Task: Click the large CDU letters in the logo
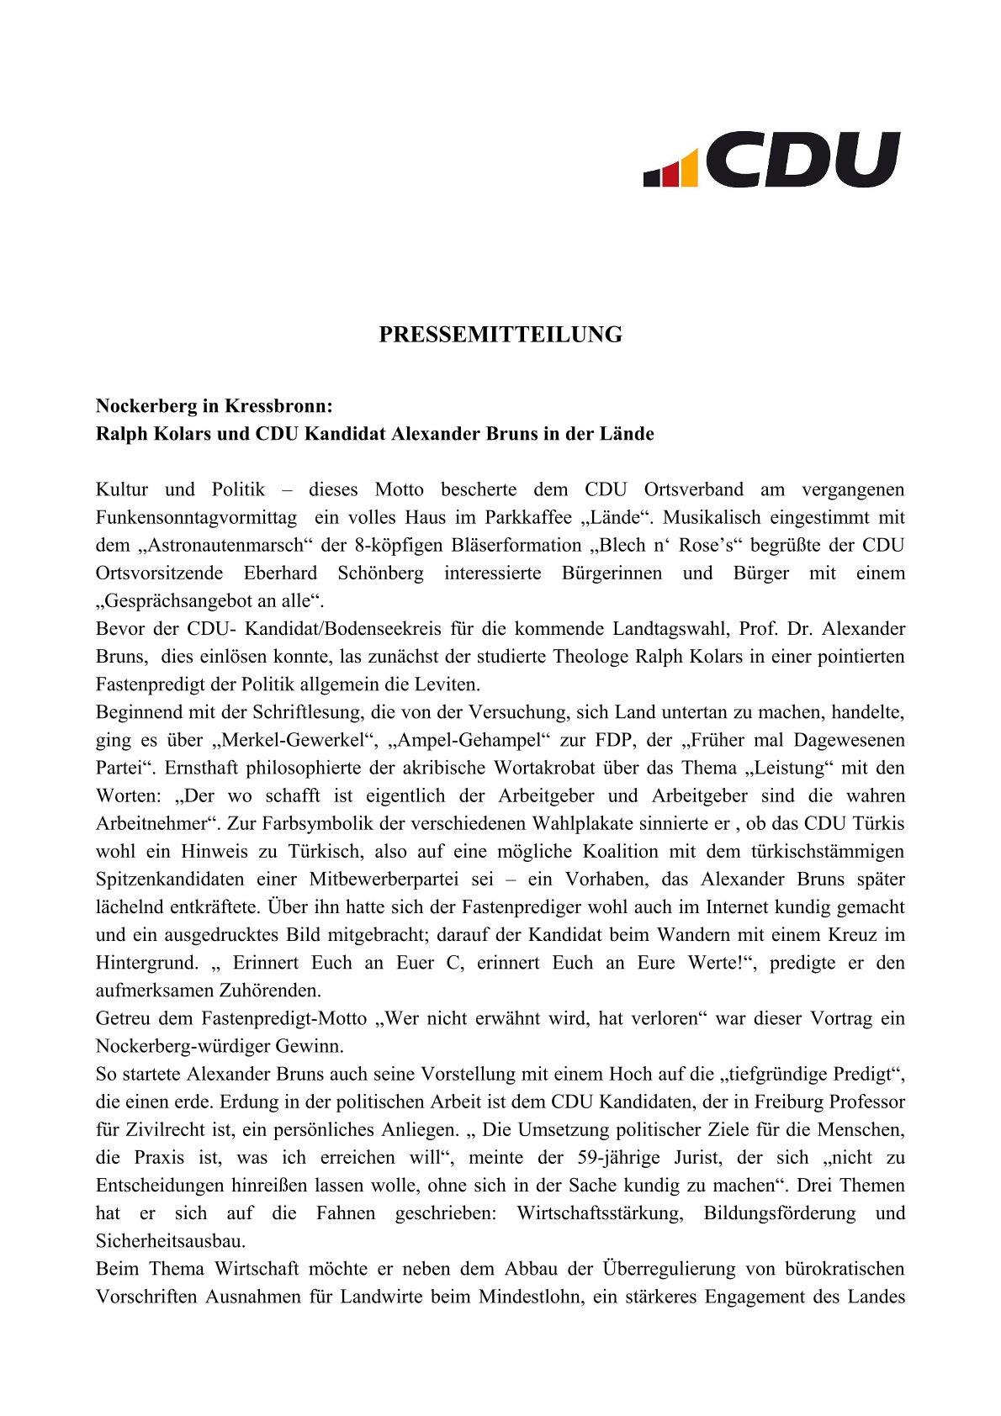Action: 803,159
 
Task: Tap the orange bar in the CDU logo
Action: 689,168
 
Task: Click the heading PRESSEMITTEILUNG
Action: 500,335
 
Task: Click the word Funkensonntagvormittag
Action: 196,517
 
